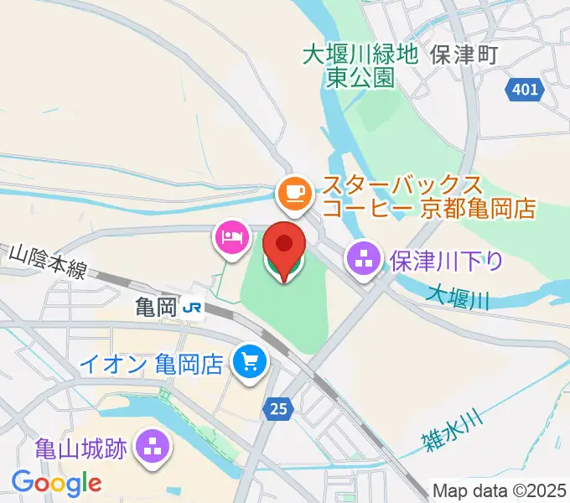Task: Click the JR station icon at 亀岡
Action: point(194,308)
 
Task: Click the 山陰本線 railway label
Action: point(49,261)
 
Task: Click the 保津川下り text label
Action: point(447,261)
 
